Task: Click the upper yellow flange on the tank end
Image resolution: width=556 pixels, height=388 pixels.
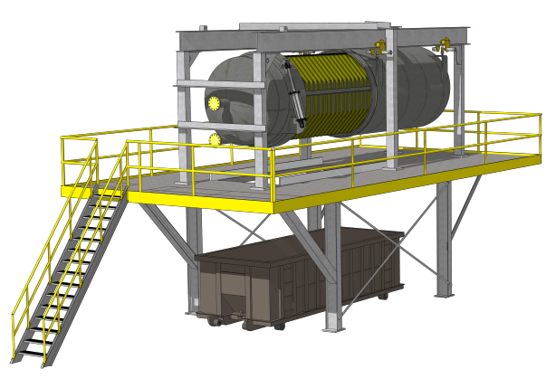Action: click(x=214, y=103)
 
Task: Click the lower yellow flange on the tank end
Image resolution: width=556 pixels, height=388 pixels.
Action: click(x=215, y=140)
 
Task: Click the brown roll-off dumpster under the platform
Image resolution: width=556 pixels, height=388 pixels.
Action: click(x=299, y=271)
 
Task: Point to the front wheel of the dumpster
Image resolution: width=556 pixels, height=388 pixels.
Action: click(x=215, y=321)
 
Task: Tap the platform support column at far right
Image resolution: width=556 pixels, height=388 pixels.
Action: click(x=444, y=240)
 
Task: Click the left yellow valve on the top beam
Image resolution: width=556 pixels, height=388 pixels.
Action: click(x=380, y=46)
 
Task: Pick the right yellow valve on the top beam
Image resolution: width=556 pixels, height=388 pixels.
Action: click(x=444, y=43)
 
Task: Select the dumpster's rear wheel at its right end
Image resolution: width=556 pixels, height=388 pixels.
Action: click(x=383, y=295)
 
